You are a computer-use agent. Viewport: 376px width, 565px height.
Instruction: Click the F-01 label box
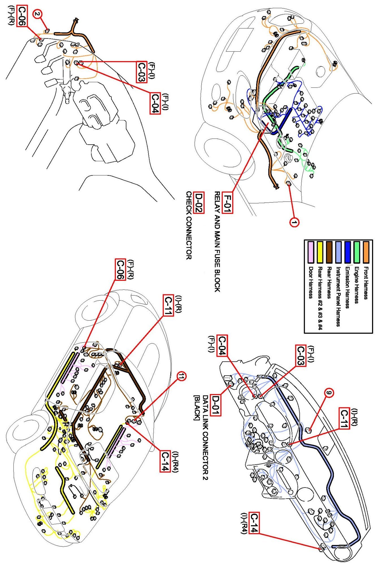pyautogui.click(x=227, y=203)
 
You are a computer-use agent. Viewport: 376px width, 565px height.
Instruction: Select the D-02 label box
pyautogui.click(x=199, y=203)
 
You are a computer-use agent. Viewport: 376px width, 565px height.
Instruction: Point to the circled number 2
pyautogui.click(x=38, y=14)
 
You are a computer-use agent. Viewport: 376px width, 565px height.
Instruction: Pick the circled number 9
pyautogui.click(x=328, y=392)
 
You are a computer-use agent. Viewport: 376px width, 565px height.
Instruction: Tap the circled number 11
pyautogui.click(x=182, y=376)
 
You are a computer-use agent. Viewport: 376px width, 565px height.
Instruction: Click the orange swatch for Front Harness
pyautogui.click(x=366, y=252)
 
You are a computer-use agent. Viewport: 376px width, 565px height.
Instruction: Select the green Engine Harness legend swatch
pyautogui.click(x=357, y=252)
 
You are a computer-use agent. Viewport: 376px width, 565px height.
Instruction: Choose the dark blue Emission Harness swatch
pyautogui.click(x=348, y=252)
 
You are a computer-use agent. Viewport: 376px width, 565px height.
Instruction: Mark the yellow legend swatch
pyautogui.click(x=320, y=252)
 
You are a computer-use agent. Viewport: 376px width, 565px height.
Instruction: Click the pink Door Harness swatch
pyautogui.click(x=311, y=252)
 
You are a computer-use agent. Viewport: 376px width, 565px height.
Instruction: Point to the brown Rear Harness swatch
pyautogui.click(x=329, y=252)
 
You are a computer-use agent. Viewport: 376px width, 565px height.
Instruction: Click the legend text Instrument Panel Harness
pyautogui.click(x=338, y=297)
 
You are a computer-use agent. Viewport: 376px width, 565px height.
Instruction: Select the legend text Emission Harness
pyautogui.click(x=348, y=288)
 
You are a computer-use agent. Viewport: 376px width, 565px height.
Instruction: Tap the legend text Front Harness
pyautogui.click(x=366, y=283)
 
